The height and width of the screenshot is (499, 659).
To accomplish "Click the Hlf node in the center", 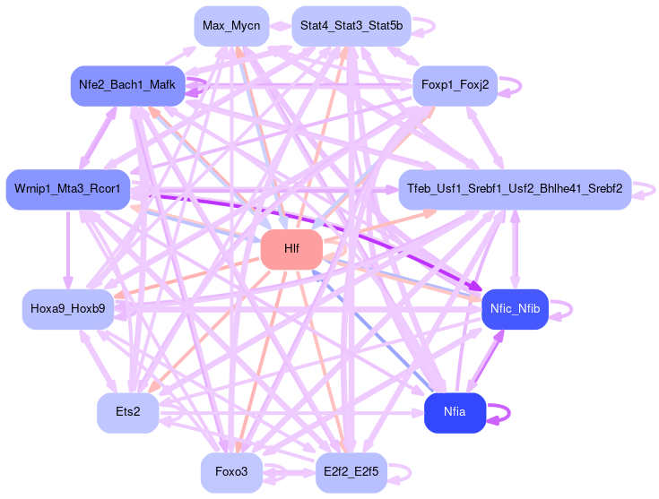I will pos(291,249).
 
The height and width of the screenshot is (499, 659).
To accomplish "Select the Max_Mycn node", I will pos(230,25).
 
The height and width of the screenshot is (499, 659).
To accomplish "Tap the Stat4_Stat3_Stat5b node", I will pos(351,25).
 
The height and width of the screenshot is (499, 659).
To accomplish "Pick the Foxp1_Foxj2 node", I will pos(454,86).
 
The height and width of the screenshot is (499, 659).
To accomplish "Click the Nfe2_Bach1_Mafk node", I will pos(126,86).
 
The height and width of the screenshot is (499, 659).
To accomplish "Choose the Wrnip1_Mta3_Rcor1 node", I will pos(68,189).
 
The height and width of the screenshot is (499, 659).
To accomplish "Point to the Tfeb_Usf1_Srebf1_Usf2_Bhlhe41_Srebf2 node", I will pos(515,189).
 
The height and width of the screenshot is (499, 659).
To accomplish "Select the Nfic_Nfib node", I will pos(516,308).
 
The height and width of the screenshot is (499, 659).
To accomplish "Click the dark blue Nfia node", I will pos(455,412).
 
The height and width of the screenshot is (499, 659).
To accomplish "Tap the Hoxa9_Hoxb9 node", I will pos(67,309).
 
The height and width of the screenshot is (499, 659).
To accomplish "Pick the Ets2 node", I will pos(127,412).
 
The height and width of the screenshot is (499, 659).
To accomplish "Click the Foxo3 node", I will pos(231,472).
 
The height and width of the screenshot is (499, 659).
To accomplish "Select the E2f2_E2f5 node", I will pos(351,472).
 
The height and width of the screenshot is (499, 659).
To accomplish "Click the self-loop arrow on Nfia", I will pos(508,412).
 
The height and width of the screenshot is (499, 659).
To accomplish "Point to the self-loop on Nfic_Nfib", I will pos(571,308).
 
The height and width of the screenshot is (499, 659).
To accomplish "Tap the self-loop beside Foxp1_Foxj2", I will pos(520,86).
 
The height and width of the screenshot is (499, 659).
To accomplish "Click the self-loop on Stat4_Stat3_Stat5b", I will pos(434,25).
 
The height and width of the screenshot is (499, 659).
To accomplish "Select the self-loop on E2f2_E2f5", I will pos(411,472).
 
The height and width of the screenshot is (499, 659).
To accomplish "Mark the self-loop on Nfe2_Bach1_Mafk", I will pos(206,86).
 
